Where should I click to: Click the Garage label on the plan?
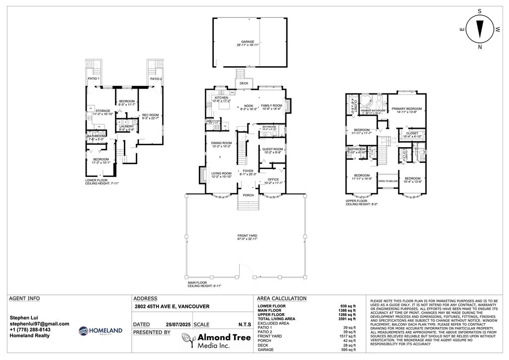pos(248,42)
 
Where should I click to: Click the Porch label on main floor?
pos(248,195)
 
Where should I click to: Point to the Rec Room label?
pos(151,115)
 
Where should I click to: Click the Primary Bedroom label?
pos(406,109)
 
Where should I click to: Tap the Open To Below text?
pos(387,181)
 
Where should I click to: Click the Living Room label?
pos(221,173)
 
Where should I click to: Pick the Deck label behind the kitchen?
pos(244,84)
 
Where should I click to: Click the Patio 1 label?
pos(93,79)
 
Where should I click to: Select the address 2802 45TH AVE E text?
pos(172,307)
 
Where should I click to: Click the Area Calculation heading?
pos(281,298)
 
